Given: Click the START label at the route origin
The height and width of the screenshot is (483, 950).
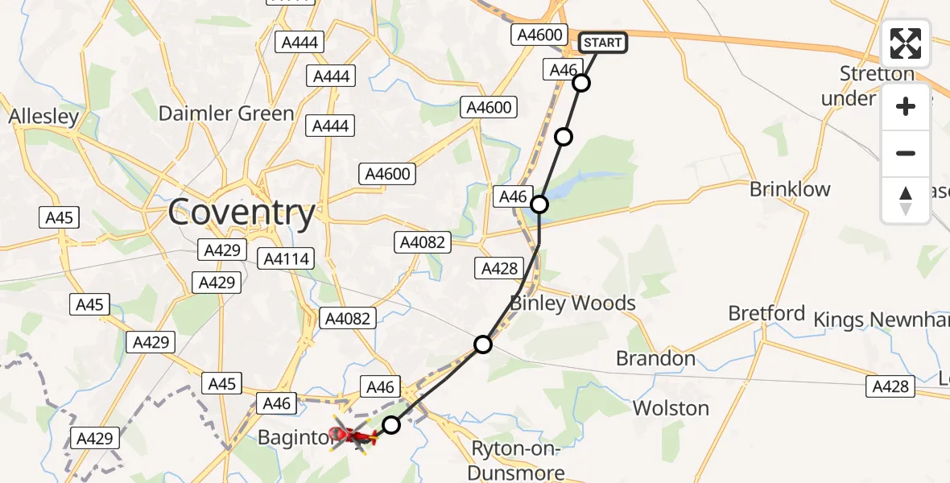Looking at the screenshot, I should click(602, 42).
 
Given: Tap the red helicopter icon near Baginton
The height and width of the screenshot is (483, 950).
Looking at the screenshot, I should click(353, 436).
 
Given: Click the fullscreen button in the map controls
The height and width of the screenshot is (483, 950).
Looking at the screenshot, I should click(906, 43).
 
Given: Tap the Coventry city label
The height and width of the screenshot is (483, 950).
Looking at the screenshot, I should click(242, 213).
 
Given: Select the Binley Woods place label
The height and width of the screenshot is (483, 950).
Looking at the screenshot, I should click(572, 303).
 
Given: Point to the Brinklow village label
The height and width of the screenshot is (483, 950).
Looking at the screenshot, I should click(789, 189).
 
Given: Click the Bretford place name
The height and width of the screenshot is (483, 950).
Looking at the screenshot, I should click(766, 313).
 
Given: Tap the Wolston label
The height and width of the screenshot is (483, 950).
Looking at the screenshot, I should click(671, 408).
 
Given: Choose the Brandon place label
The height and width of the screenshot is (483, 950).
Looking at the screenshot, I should click(655, 358).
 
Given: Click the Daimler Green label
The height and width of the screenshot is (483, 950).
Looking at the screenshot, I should click(226, 114).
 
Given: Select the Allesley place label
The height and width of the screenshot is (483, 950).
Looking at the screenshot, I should click(43, 117).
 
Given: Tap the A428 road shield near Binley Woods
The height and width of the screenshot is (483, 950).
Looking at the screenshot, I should click(499, 269).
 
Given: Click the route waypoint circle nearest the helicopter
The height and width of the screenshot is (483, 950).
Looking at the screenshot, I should click(390, 424).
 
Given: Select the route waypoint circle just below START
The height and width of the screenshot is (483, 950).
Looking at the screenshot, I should click(581, 83).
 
